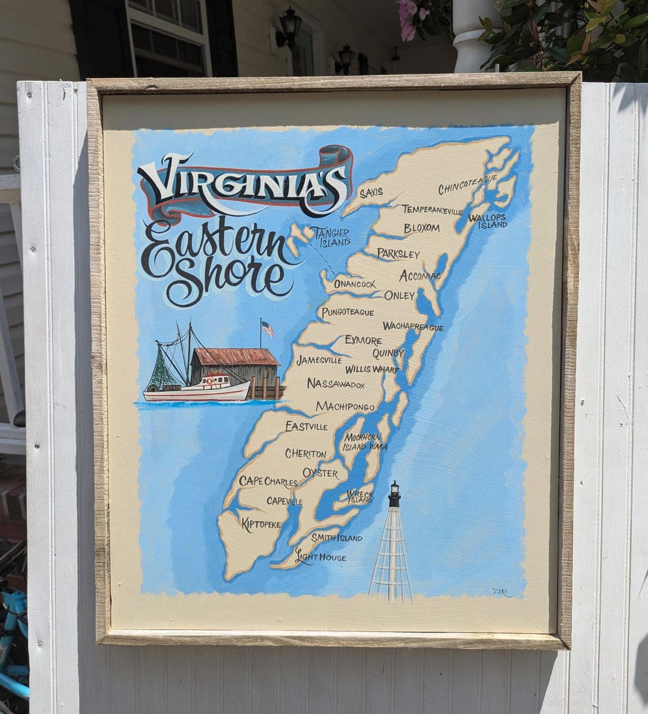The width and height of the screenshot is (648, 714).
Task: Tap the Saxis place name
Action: (x=371, y=193)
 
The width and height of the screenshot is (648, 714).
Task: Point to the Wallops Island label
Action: (x=487, y=221)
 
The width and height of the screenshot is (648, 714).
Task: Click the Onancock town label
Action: (x=355, y=284)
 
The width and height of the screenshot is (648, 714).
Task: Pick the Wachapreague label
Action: (x=413, y=327)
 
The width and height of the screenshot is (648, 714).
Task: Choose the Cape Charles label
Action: (x=268, y=481)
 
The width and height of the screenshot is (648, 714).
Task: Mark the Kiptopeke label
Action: (x=261, y=524)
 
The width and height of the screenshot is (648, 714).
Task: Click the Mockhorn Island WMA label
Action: (x=365, y=442)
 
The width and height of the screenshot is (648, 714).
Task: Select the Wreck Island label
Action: (x=360, y=497)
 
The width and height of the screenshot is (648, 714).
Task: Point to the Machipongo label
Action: (x=345, y=407)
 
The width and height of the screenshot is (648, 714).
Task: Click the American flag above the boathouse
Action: (x=267, y=328)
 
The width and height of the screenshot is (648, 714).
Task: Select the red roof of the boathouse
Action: (x=235, y=357)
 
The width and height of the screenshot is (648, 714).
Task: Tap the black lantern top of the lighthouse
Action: (x=394, y=493)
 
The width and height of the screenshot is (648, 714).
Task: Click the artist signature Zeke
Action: (x=500, y=592)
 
